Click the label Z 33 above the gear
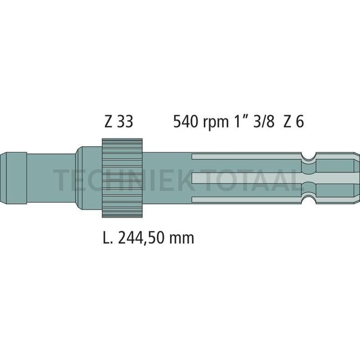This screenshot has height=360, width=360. point(118,121)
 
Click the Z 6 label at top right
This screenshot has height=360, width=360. point(293,121)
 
